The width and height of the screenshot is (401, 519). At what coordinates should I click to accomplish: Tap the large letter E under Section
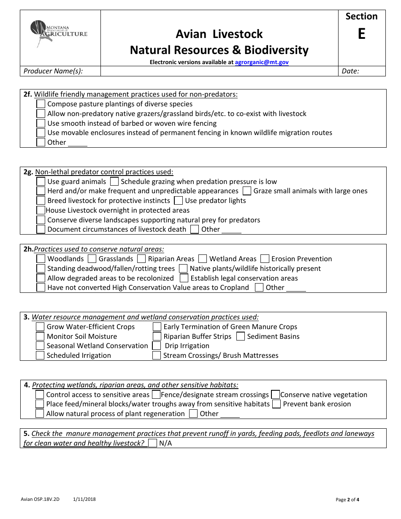coord(361,34)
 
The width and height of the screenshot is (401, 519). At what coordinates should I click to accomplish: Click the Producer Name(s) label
coord(53,71)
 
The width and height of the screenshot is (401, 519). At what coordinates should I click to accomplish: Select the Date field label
coord(350,71)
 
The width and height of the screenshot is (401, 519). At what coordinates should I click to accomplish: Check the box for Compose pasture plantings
coord(41,104)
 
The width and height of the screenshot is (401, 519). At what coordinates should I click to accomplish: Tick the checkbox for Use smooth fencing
coord(41,123)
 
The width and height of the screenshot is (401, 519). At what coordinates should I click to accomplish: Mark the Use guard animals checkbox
coord(41,181)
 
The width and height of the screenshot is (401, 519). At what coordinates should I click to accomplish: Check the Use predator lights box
coord(178,200)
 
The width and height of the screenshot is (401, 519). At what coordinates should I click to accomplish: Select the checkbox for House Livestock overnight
coord(41,210)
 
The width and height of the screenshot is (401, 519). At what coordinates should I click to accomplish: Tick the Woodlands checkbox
coord(41,259)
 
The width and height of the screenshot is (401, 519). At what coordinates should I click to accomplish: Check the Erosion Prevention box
coord(265,259)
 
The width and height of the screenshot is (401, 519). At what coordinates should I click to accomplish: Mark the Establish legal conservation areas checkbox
coord(184,278)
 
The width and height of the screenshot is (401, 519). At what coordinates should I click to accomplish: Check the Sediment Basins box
coord(241,336)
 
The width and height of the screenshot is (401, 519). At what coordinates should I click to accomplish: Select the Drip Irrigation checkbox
coord(157,346)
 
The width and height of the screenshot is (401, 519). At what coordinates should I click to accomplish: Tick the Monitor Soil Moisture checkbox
coord(40,336)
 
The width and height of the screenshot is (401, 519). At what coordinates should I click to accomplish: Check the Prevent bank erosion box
coord(276,404)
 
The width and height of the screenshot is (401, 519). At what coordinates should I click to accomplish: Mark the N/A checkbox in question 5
coord(153,443)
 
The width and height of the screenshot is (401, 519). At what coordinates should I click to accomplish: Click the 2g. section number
coord(28,172)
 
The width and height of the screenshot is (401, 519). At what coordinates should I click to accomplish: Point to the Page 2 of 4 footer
coord(347,500)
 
